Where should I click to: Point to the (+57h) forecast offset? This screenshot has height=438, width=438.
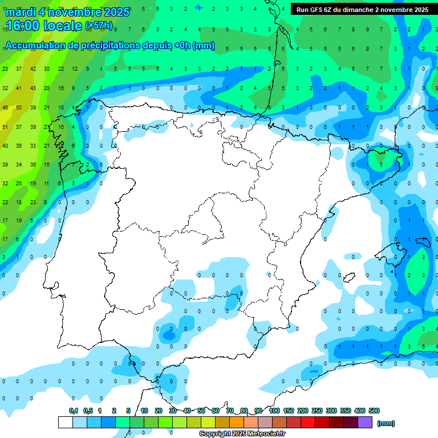tap(99, 26)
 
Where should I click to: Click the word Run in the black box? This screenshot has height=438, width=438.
tap(302, 10)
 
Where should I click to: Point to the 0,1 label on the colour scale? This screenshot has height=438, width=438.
tap(74, 411)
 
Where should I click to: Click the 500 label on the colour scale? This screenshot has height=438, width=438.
tap(374, 411)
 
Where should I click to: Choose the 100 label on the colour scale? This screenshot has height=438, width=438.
tap(274, 411)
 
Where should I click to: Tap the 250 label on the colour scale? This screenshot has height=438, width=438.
tap(317, 411)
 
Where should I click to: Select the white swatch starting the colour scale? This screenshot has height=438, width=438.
tap(66, 423)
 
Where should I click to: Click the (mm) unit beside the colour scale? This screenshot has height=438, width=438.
tap(386, 423)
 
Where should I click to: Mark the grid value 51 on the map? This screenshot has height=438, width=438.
tap(5, 127)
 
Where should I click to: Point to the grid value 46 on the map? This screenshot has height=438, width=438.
tap(5, 108)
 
